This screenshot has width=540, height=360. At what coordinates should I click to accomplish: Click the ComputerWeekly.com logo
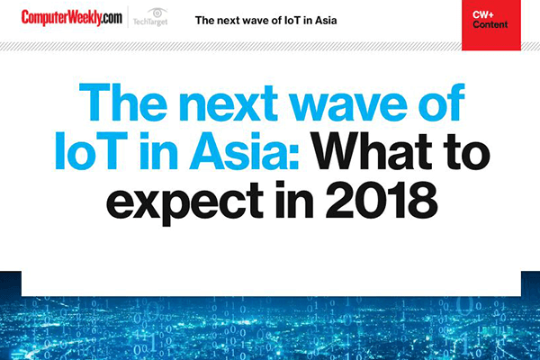(x=72, y=18)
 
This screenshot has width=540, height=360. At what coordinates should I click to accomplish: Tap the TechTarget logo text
(x=150, y=22)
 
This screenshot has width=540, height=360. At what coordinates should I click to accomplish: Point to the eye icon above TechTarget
(x=157, y=13)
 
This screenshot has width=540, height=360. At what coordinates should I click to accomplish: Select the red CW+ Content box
(x=491, y=25)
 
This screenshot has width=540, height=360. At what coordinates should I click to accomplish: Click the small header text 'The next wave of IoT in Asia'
(x=265, y=21)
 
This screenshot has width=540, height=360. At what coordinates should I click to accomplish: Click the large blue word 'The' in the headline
(x=123, y=102)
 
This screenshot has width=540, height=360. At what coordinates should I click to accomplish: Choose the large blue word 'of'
(x=442, y=102)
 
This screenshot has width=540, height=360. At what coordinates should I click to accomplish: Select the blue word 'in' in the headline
(x=158, y=151)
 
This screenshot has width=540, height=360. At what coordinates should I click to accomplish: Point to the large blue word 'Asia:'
(x=244, y=151)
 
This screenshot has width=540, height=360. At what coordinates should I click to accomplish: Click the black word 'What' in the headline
(x=372, y=151)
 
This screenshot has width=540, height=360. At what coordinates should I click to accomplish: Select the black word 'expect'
(x=184, y=203)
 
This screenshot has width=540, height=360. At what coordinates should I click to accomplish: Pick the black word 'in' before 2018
(x=294, y=199)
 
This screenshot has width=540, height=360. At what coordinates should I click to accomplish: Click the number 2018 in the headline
(x=382, y=200)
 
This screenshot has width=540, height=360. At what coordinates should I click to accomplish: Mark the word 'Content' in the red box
(x=490, y=24)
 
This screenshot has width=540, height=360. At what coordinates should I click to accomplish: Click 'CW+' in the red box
(x=483, y=14)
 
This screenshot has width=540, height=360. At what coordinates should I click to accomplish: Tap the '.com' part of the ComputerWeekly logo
(x=112, y=18)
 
